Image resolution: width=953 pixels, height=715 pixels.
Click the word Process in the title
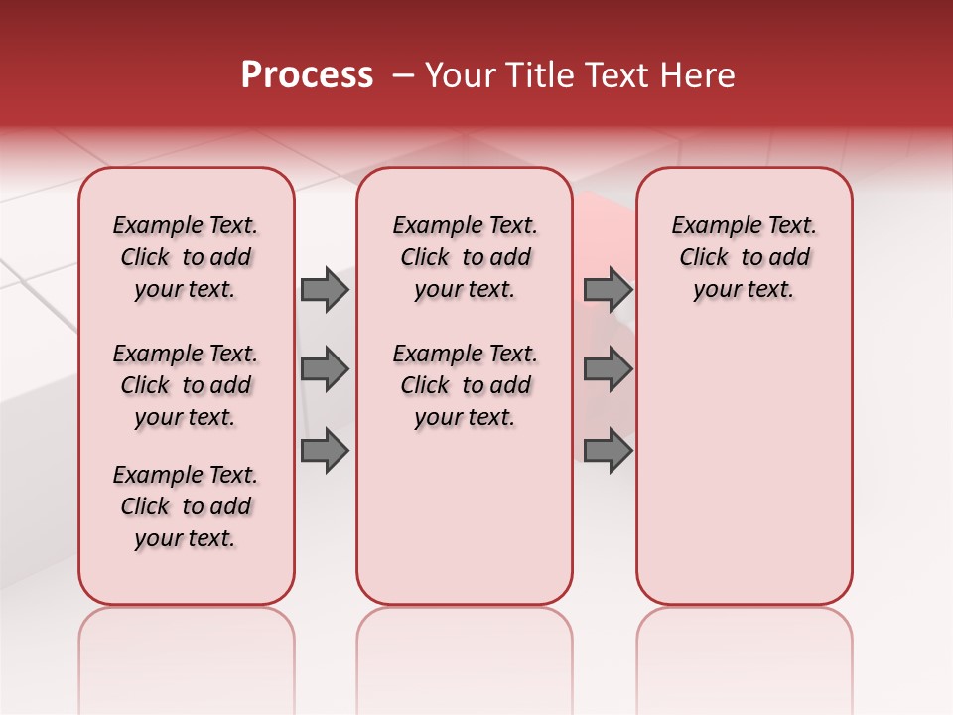tap(307, 75)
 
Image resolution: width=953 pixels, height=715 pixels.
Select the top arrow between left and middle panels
tap(325, 289)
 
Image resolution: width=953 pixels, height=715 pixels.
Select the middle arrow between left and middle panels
tap(325, 369)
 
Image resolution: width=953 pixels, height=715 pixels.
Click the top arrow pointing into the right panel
tap(608, 289)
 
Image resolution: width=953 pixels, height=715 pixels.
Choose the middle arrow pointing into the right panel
tap(608, 369)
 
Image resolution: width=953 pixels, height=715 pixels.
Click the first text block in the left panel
tap(186, 257)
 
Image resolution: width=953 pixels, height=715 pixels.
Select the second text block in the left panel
tap(186, 385)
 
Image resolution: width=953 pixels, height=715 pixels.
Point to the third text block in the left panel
tap(186, 506)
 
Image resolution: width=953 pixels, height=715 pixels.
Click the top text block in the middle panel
tap(465, 257)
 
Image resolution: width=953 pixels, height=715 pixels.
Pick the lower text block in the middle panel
tap(465, 385)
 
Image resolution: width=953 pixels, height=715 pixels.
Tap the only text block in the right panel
tap(744, 257)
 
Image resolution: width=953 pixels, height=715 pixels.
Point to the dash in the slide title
tap(403, 76)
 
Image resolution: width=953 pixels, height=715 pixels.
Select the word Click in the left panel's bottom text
tap(145, 506)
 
